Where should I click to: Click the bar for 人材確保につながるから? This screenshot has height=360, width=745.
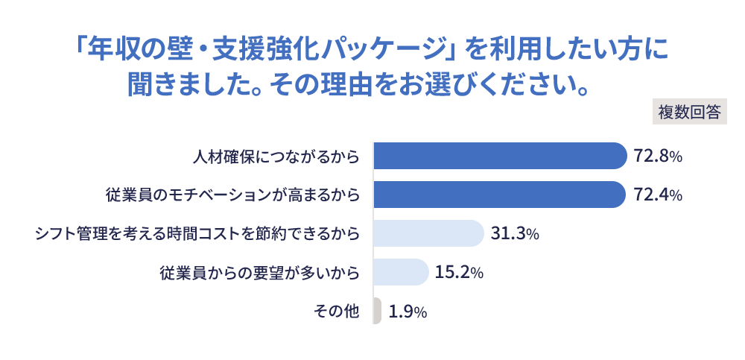point(499,156)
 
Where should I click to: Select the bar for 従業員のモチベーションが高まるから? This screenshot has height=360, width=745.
point(498,195)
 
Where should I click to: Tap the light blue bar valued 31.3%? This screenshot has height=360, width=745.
point(428,233)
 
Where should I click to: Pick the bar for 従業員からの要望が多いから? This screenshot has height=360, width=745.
point(400,272)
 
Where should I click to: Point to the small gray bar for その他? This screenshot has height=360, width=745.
point(377,311)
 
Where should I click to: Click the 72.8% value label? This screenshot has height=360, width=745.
point(658,157)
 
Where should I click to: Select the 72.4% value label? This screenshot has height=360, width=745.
point(658,195)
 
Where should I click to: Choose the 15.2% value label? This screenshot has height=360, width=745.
point(459,273)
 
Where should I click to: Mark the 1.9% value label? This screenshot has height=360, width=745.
point(408,312)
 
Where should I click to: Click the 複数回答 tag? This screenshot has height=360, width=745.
point(689,112)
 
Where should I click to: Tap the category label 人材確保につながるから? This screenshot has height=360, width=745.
point(276,157)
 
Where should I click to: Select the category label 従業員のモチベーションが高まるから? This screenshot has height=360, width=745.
point(232,195)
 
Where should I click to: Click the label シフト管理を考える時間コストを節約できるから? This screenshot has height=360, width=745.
point(197,234)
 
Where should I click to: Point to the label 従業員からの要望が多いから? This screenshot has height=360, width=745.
point(259,273)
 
